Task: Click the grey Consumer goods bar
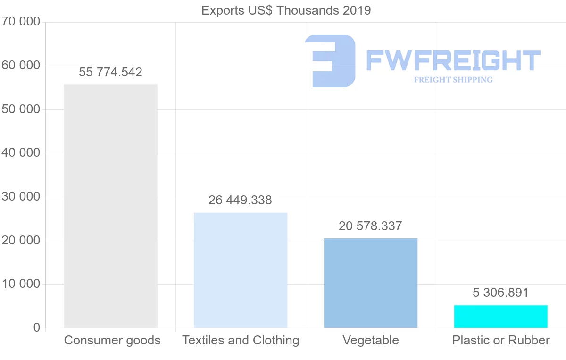pos(110,206)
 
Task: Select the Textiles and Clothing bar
pos(241,270)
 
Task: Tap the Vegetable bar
pos(371,283)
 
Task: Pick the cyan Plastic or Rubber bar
pos(501,317)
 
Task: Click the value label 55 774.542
pos(110,72)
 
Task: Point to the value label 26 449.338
pos(240,200)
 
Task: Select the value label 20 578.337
pos(370,226)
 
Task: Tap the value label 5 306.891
pos(500,293)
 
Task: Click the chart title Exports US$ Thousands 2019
pos(286,11)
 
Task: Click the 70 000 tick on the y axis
pos(21,22)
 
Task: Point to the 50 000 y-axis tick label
pos(21,109)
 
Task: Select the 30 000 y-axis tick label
pos(21,196)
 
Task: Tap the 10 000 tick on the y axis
pos(21,284)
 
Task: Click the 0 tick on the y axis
pos(37,327)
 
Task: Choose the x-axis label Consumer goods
pos(112,341)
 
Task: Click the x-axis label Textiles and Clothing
pos(241,341)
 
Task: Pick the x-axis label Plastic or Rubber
pos(501,340)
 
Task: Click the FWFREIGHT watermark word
pos(453,60)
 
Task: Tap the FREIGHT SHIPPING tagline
pos(453,80)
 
